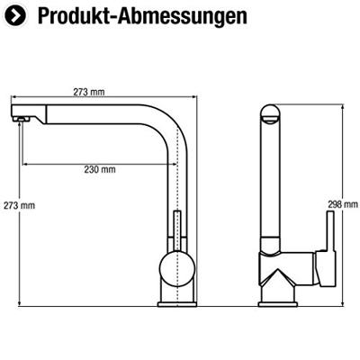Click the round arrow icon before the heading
(x=17, y=17)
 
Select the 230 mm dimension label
(x=100, y=168)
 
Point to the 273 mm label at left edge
(x=18, y=205)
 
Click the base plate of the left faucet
(x=175, y=305)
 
